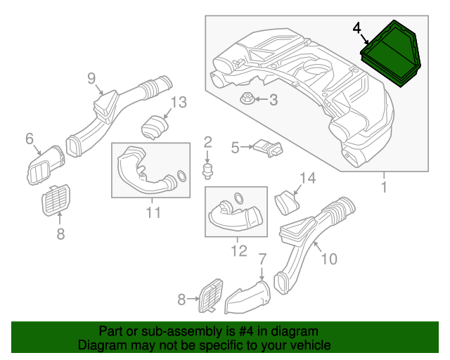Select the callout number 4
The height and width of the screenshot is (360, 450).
[356, 28]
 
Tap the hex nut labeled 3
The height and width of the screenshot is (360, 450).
[247, 98]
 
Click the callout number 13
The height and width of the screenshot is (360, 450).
[179, 102]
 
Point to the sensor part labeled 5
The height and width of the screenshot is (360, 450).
[268, 148]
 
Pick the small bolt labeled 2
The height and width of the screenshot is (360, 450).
[208, 171]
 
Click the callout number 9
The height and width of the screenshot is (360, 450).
[91, 78]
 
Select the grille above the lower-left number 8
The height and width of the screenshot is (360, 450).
[56, 200]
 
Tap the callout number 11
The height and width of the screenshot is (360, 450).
[153, 212]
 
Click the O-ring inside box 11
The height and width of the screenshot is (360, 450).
[181, 176]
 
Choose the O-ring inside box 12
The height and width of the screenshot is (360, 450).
[238, 198]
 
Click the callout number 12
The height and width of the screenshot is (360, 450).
[239, 251]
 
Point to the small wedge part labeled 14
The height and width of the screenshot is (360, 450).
[287, 202]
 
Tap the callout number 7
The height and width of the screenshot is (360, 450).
[262, 259]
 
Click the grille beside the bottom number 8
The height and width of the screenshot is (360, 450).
[211, 295]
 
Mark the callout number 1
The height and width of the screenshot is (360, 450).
[384, 187]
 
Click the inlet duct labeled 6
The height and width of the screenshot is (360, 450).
[46, 165]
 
